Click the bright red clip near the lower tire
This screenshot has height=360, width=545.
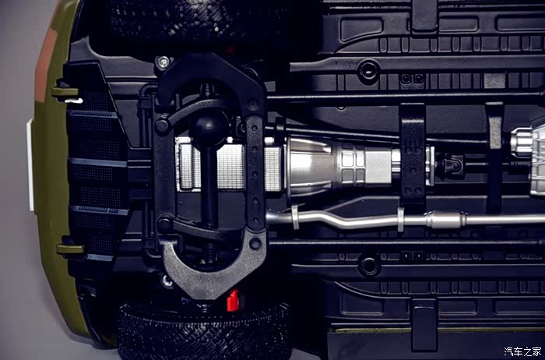coord(234,300)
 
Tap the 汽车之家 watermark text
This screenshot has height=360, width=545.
coord(522,351)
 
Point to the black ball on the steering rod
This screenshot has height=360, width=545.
coord(209,128)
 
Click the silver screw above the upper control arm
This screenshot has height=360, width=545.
coord(163,62)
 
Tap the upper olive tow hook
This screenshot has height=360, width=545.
coord(65,92)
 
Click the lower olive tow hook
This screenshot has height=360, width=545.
coord(71,249)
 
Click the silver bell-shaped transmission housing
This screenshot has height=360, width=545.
coord(312,166)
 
